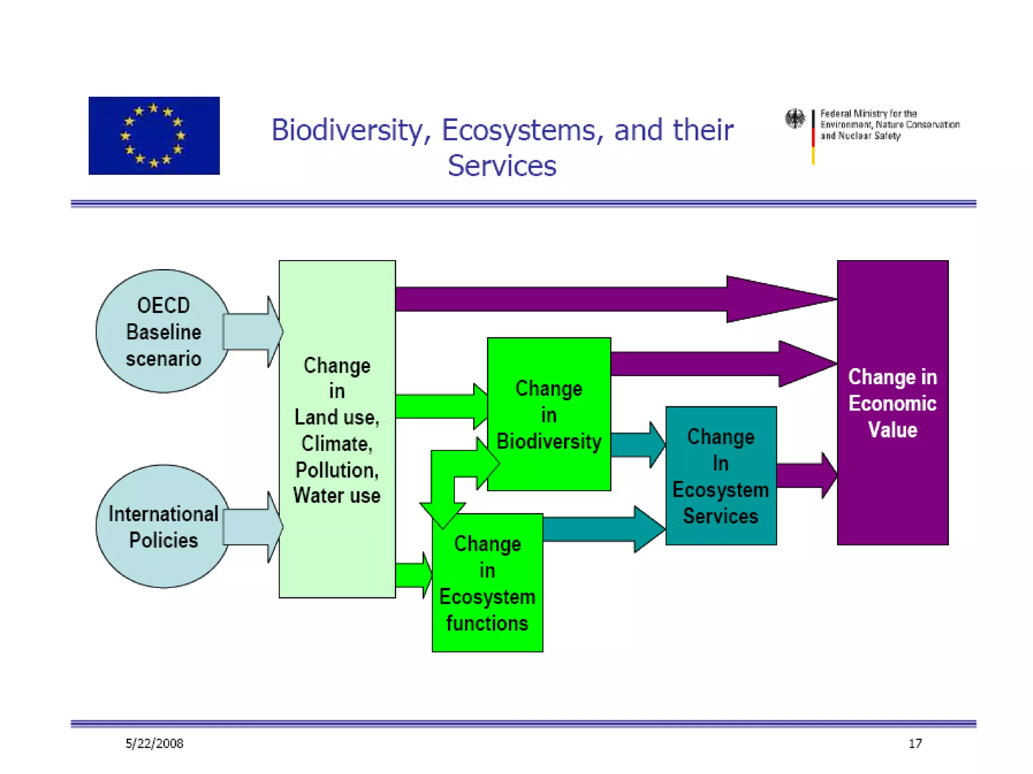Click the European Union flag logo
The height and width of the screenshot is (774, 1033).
[x=154, y=135]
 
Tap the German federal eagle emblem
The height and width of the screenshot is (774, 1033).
[x=795, y=119]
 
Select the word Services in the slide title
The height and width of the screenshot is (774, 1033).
[x=502, y=166]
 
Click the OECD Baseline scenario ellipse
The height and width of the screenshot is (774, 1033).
[x=162, y=331]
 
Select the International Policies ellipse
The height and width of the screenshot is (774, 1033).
[x=162, y=526]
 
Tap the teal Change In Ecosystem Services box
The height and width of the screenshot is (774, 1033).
[x=720, y=475]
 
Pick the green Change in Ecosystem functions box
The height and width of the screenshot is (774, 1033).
[x=487, y=583]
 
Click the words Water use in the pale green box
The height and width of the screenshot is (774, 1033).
[x=336, y=496]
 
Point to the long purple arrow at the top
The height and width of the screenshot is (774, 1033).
[x=605, y=299]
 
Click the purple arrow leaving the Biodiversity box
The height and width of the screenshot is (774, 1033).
[x=716, y=364]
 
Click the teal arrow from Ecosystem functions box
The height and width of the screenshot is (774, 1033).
[x=600, y=529]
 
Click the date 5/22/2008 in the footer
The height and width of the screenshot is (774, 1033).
[x=154, y=743]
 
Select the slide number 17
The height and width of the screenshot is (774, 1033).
[x=915, y=743]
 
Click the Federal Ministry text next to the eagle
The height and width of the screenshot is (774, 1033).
[x=889, y=125]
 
